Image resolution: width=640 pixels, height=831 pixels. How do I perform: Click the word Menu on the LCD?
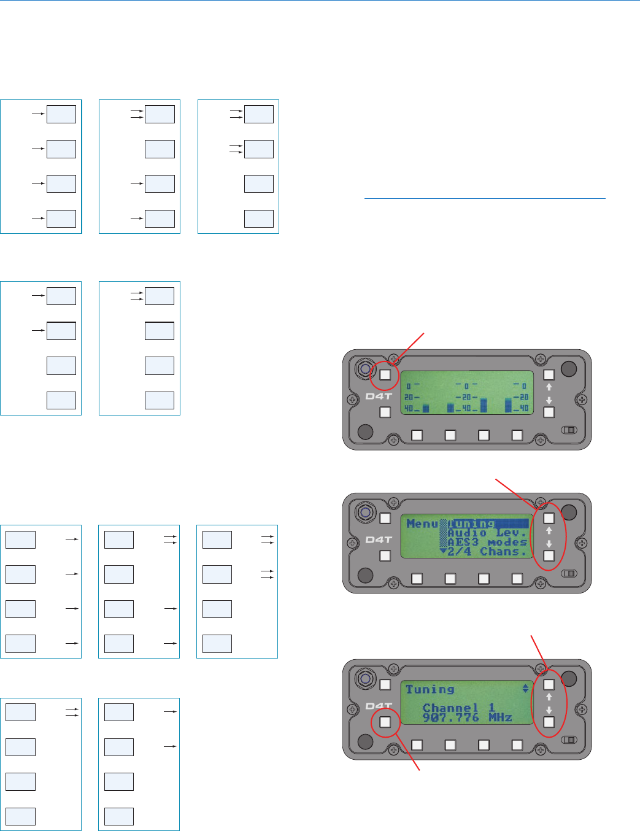[422, 524]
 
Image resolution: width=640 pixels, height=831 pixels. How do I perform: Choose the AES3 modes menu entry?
[487, 542]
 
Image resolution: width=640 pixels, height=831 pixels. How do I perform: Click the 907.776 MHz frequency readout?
[467, 717]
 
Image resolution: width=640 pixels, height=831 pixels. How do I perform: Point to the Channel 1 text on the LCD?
[458, 708]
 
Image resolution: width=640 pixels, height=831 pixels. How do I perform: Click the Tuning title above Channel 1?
[430, 689]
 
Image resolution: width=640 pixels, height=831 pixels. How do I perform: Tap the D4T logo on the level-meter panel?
[379, 396]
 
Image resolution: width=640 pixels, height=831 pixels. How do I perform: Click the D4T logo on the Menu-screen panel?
[379, 540]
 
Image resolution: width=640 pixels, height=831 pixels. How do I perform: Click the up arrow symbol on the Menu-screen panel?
[549, 531]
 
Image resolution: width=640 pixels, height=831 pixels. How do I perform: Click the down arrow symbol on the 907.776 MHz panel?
[549, 709]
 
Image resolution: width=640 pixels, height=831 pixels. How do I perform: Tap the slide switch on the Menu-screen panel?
[569, 573]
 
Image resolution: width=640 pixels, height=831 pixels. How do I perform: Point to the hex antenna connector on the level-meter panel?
[365, 368]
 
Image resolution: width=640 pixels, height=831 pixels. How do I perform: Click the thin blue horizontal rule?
[485, 199]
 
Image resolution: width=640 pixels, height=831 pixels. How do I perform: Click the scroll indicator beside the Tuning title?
[525, 689]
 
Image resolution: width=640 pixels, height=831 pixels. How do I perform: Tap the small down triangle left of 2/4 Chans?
[443, 551]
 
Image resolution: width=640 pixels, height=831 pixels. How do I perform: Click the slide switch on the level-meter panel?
[569, 430]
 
